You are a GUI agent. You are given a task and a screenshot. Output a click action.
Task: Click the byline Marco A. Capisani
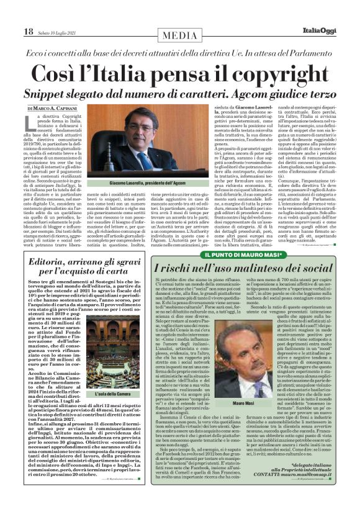tap(57, 108)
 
